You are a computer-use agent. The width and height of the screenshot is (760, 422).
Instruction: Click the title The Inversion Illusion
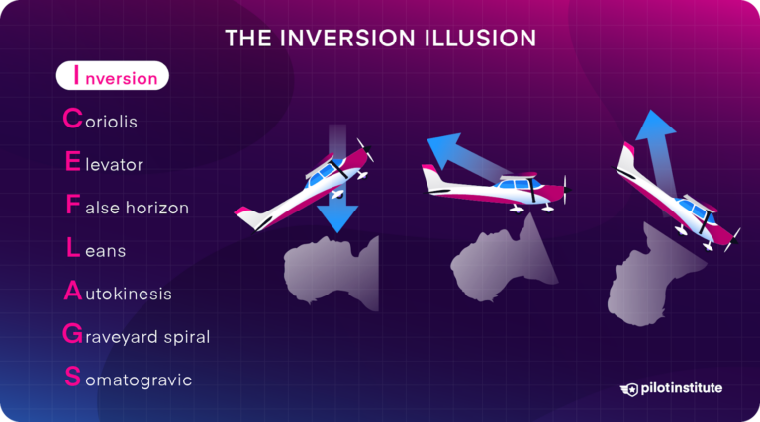point(380,38)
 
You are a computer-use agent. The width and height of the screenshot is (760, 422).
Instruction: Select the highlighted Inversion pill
point(112,76)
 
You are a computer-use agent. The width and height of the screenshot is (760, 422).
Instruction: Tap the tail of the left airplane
point(247,214)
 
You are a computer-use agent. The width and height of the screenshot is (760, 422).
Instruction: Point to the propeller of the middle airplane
point(565,191)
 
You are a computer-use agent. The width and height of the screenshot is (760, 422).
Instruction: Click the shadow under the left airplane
point(332,271)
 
